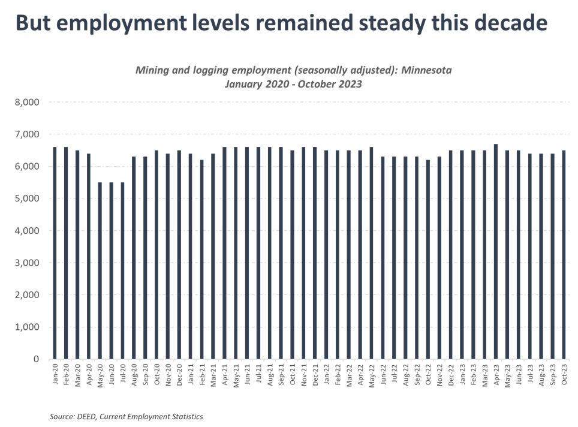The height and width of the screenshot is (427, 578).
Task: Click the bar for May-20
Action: pyautogui.click(x=100, y=270)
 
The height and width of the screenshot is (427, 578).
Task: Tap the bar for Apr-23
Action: pyautogui.click(x=496, y=251)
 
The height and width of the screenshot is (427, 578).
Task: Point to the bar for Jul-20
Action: pyautogui.click(x=122, y=270)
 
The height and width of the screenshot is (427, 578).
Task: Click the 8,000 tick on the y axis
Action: pyautogui.click(x=26, y=102)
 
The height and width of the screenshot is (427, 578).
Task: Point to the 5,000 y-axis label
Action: pyautogui.click(x=26, y=199)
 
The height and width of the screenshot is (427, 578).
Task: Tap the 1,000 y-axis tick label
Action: pyautogui.click(x=26, y=327)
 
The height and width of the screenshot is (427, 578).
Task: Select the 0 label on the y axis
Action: pyautogui.click(x=35, y=359)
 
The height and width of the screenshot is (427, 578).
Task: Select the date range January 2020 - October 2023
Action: pyautogui.click(x=293, y=84)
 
